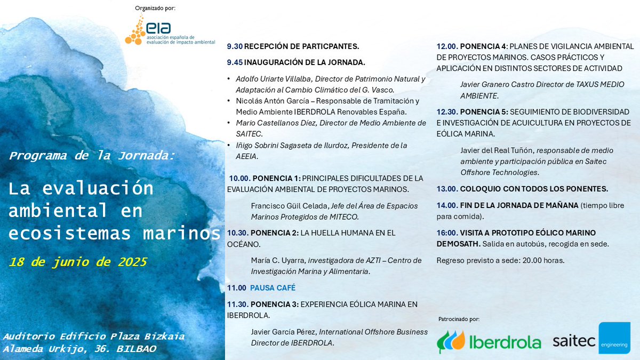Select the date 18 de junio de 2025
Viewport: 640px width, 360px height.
(78, 262)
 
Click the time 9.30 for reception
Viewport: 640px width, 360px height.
(234, 46)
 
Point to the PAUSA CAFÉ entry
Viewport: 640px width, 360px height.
(273, 288)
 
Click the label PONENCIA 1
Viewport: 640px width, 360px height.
(276, 178)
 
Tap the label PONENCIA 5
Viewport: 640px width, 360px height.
(483, 112)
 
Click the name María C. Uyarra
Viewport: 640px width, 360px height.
(275, 260)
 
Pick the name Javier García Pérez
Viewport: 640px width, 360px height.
(283, 332)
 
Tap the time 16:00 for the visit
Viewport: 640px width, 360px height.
(447, 233)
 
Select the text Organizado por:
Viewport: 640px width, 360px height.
(156, 8)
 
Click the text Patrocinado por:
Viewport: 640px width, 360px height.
(459, 319)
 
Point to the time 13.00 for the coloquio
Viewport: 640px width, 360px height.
(447, 189)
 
